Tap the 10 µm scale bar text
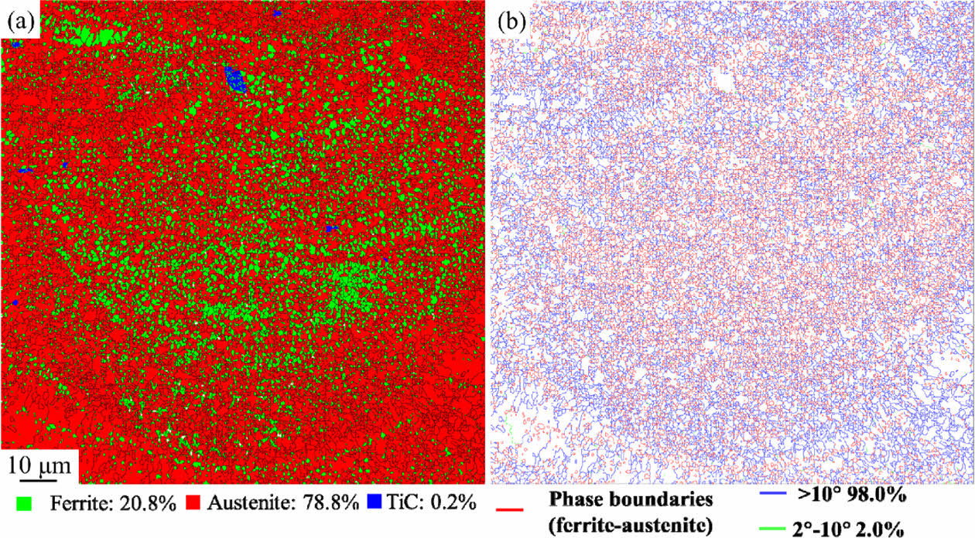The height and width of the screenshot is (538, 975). pyautogui.click(x=39, y=466)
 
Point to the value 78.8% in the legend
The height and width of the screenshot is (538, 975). pyautogui.click(x=332, y=502)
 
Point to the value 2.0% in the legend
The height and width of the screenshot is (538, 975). pyautogui.click(x=878, y=528)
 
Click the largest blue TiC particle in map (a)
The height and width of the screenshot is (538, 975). pyautogui.click(x=234, y=79)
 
